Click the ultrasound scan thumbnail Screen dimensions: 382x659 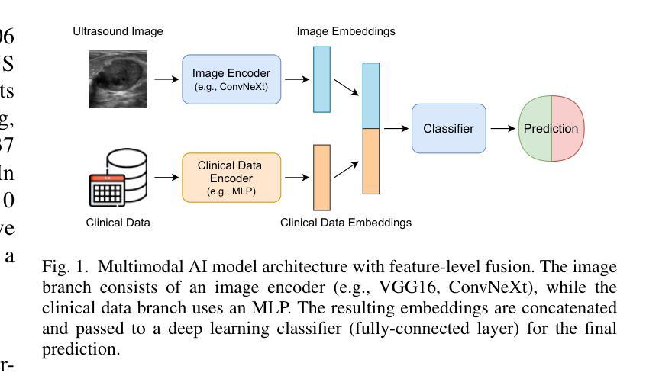click(x=118, y=79)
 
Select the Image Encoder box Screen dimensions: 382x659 click(x=231, y=79)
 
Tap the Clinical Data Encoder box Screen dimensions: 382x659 click(x=231, y=178)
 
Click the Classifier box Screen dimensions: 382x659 click(x=448, y=129)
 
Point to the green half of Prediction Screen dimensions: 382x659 click(x=535, y=129)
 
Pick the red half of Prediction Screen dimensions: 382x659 click(x=567, y=129)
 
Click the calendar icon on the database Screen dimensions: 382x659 click(x=107, y=190)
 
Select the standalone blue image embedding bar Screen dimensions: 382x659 click(x=321, y=79)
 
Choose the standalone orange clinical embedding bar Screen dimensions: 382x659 click(x=321, y=177)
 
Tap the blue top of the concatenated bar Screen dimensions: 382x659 click(x=370, y=95)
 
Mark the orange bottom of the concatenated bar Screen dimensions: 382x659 click(x=370, y=161)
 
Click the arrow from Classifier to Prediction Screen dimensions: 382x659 click(x=502, y=129)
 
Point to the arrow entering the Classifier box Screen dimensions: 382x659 click(x=396, y=129)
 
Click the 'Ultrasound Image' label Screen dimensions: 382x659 click(x=118, y=32)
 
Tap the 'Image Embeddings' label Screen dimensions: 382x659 click(x=346, y=32)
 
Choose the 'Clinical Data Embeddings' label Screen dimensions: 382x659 click(x=346, y=223)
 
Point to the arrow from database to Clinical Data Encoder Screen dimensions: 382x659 click(x=165, y=178)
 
